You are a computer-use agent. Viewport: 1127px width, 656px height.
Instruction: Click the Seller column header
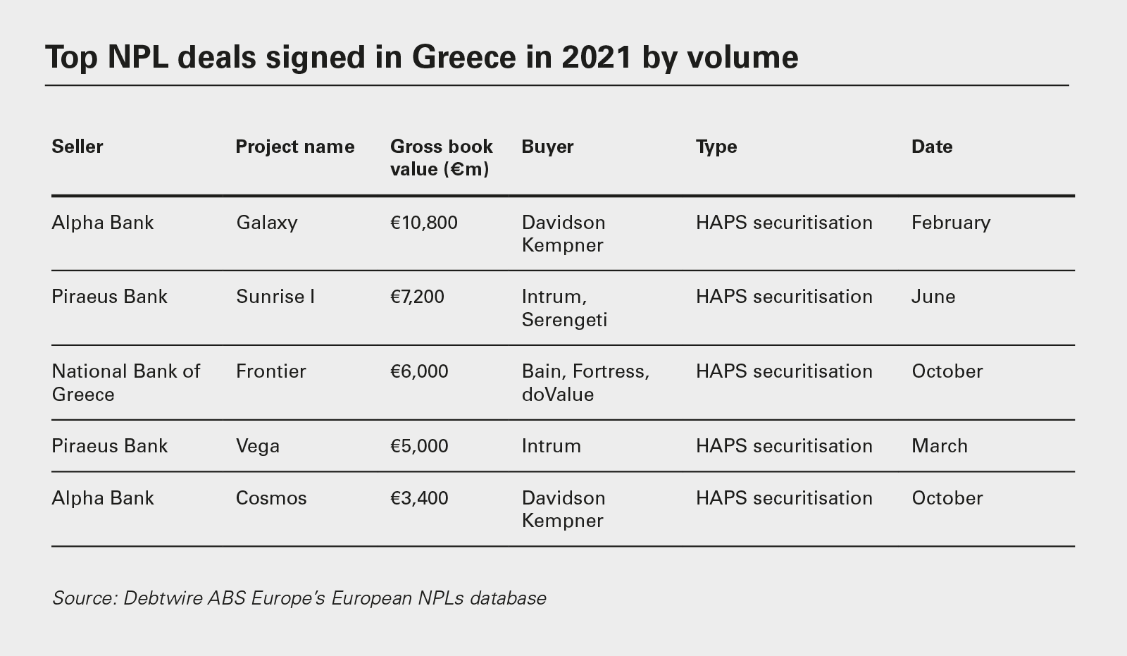77,147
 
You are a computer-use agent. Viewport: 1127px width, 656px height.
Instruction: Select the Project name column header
294,147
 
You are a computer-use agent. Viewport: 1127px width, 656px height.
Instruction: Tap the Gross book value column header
441,158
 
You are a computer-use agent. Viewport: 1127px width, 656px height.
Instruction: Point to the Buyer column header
547,147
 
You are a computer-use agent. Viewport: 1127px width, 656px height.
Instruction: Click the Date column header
931,147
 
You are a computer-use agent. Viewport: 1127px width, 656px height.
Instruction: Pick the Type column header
716,147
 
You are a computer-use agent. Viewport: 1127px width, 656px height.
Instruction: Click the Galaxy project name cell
267,223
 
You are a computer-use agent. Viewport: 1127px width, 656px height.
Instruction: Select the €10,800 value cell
424,223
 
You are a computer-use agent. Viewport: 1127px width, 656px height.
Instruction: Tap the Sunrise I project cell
275,297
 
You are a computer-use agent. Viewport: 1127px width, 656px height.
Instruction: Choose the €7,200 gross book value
417,297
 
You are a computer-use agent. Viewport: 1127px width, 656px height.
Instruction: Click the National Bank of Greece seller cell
126,383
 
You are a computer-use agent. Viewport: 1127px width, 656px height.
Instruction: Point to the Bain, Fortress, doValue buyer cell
585,383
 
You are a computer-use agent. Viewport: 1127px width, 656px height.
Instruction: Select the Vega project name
258,446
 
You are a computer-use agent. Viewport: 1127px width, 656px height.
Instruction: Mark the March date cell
940,446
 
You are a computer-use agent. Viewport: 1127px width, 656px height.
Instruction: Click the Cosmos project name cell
271,498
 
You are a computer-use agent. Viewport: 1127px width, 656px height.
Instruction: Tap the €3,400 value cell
419,498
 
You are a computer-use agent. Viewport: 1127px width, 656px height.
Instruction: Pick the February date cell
951,223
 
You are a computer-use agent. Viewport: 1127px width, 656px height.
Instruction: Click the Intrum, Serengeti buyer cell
564,308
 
